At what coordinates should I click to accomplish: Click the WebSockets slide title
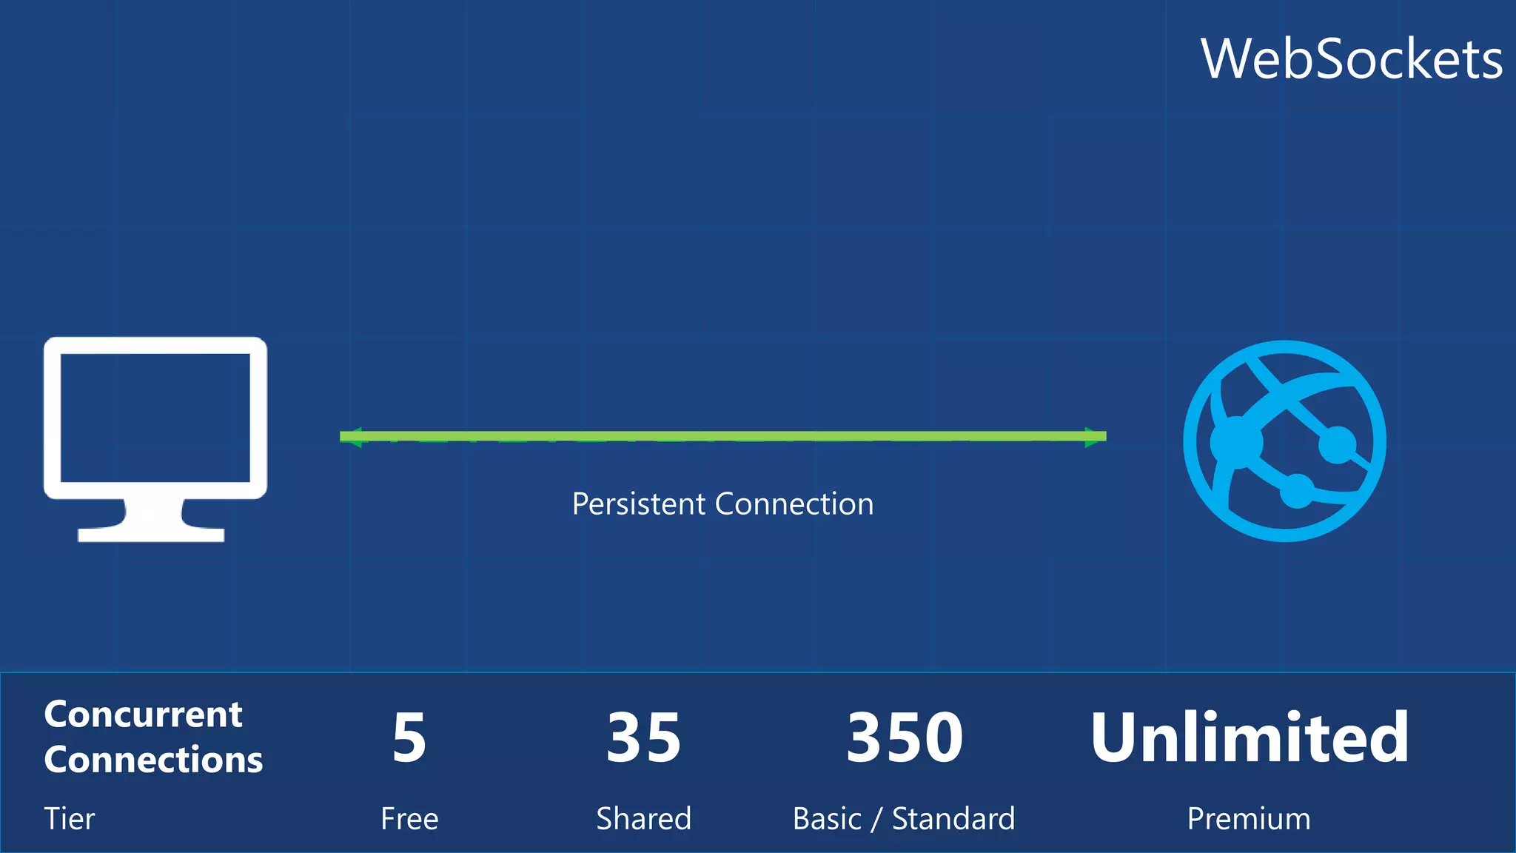coord(1351,58)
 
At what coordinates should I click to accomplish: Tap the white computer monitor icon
coord(155,418)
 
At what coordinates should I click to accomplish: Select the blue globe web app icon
coord(1284,441)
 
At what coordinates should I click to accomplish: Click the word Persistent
coord(639,504)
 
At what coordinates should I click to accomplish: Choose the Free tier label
coord(409,819)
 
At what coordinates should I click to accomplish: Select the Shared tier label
coord(643,819)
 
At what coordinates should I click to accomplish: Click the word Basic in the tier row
coord(827,819)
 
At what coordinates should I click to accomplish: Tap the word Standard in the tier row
coord(953,819)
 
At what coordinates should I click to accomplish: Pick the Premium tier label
coord(1249,819)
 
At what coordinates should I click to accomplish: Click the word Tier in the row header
coord(70,819)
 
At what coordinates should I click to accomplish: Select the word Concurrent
coord(143,715)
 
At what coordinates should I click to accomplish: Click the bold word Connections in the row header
coord(153,760)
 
